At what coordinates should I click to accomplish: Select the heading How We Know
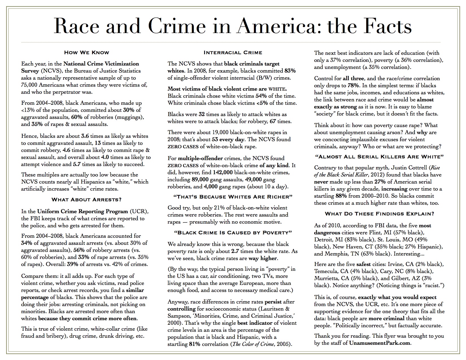(86, 52)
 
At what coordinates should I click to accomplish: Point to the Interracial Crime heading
(233, 53)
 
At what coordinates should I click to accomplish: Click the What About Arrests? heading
(86, 200)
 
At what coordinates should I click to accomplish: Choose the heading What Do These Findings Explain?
(379, 214)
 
